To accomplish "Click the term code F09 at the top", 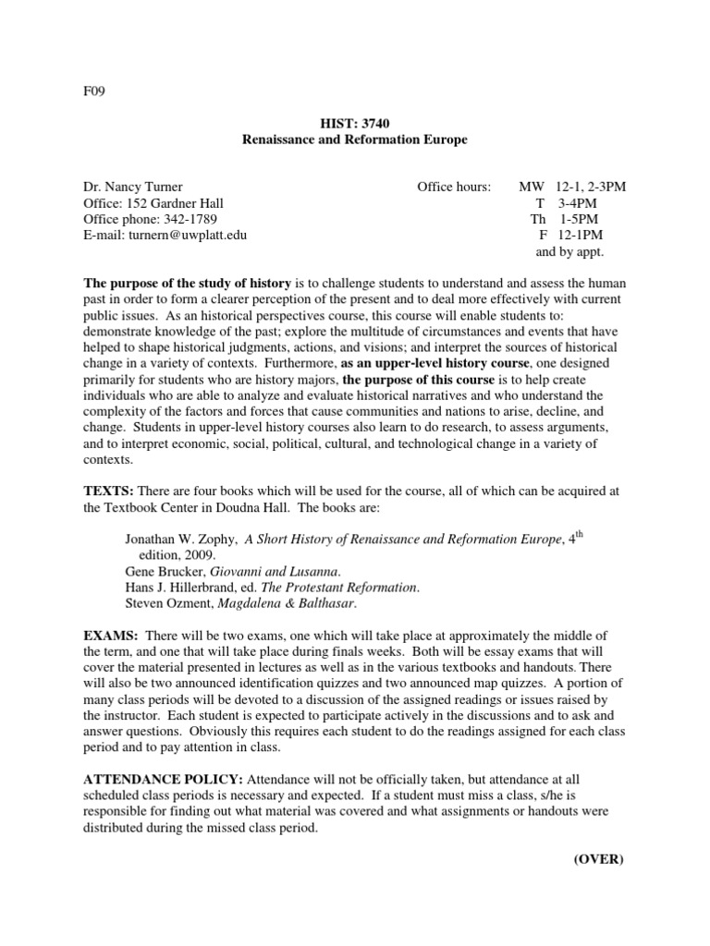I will click(95, 92).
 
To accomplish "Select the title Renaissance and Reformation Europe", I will click(354, 139).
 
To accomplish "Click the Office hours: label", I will click(454, 187).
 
